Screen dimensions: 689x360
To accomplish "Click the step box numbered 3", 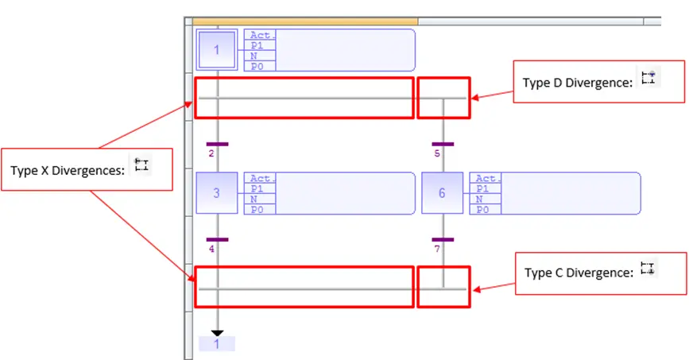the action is [217, 193].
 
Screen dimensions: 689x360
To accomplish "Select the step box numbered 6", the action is [442, 193].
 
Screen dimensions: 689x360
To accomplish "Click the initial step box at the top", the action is [217, 50].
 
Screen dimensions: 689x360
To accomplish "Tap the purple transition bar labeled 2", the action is [217, 144].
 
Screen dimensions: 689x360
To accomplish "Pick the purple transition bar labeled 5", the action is [443, 144].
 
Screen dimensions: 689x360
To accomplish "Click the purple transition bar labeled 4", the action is [217, 239].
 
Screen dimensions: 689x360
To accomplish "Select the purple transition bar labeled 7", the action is [443, 239].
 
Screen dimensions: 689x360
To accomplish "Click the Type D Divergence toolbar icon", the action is [648, 77].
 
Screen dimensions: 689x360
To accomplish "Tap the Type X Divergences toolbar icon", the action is [141, 165].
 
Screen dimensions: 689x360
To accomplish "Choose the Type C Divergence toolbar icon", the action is [647, 268].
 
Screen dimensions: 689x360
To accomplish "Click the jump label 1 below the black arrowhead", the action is [217, 344].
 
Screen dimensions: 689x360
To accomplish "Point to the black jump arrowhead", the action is [217, 333].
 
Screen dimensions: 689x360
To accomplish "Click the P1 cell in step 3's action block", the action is [260, 188].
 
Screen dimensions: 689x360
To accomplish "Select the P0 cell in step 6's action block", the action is [485, 210].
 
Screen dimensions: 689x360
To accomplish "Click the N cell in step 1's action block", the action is [260, 56].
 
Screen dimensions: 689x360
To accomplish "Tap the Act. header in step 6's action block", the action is [485, 178].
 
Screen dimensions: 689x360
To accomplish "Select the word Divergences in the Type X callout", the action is [88, 171].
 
